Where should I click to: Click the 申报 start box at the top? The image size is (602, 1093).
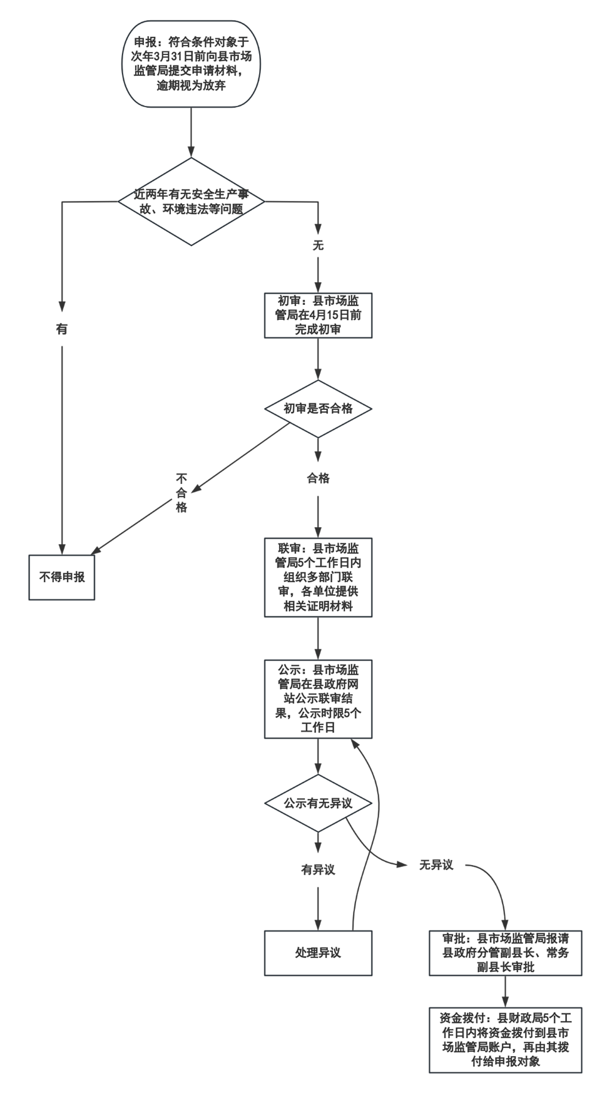pos(191,64)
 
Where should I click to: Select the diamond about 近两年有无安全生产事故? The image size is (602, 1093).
pos(191,202)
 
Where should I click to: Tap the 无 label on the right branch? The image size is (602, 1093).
pos(318,245)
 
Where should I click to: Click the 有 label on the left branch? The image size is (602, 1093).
pos(62,328)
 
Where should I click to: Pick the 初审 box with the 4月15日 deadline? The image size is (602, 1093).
pos(318,316)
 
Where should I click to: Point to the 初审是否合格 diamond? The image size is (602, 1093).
pos(318,409)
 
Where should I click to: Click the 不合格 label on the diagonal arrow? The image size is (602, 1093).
pos(181,493)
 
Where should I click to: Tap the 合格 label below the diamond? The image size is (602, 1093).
pos(318,478)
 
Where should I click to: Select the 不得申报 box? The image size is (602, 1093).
pos(62,577)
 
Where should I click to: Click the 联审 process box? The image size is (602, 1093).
pos(318,577)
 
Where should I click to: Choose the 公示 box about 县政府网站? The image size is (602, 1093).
pos(318,699)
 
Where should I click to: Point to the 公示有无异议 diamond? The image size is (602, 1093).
pos(318,803)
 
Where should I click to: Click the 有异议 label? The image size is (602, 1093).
pos(318,870)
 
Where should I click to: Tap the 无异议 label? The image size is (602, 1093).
pos(436,865)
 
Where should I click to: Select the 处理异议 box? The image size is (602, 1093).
pos(318,953)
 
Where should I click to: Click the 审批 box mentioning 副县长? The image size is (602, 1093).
pos(505,953)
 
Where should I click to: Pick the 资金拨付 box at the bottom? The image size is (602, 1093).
pos(505,1040)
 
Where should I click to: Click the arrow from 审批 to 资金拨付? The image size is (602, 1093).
pos(505,992)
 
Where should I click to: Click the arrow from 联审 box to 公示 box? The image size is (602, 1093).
pos(318,639)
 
